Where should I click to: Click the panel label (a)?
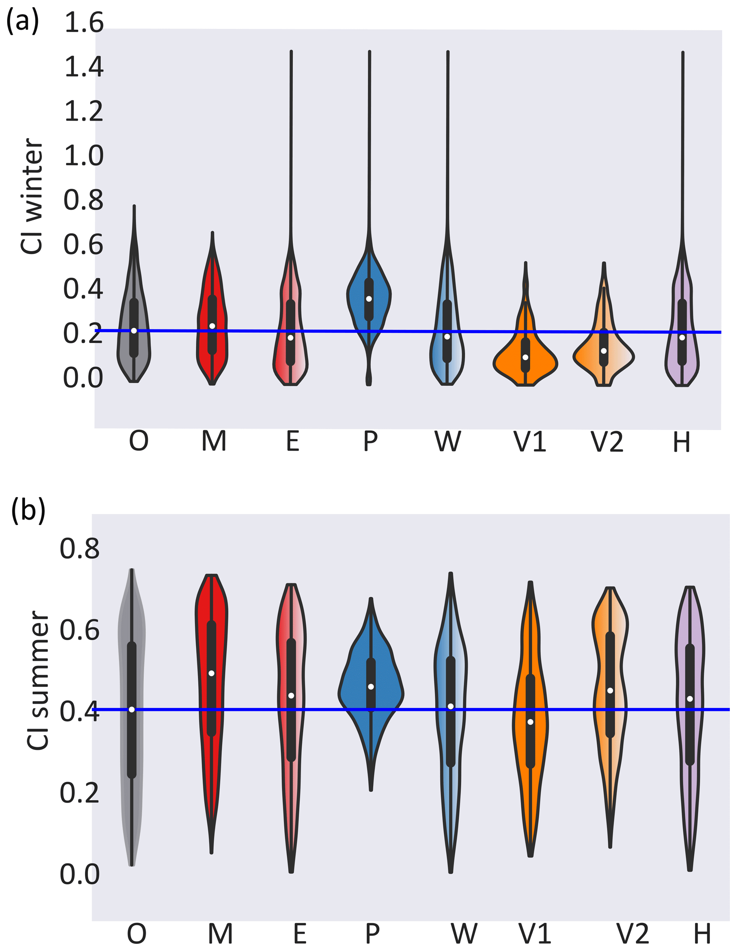[22, 21]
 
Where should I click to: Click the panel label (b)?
[28, 510]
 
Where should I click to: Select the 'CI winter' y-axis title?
[31, 196]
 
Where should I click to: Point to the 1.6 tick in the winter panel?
[84, 23]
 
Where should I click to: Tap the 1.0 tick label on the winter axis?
[84, 156]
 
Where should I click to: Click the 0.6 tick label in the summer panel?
[80, 630]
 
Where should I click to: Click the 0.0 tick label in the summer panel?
[80, 873]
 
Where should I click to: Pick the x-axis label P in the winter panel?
[370, 441]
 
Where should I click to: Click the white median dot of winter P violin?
[369, 299]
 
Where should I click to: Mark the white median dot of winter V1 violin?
[526, 357]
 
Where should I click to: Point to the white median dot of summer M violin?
[211, 673]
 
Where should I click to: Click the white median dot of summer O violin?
[132, 710]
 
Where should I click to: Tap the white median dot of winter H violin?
[682, 337]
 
